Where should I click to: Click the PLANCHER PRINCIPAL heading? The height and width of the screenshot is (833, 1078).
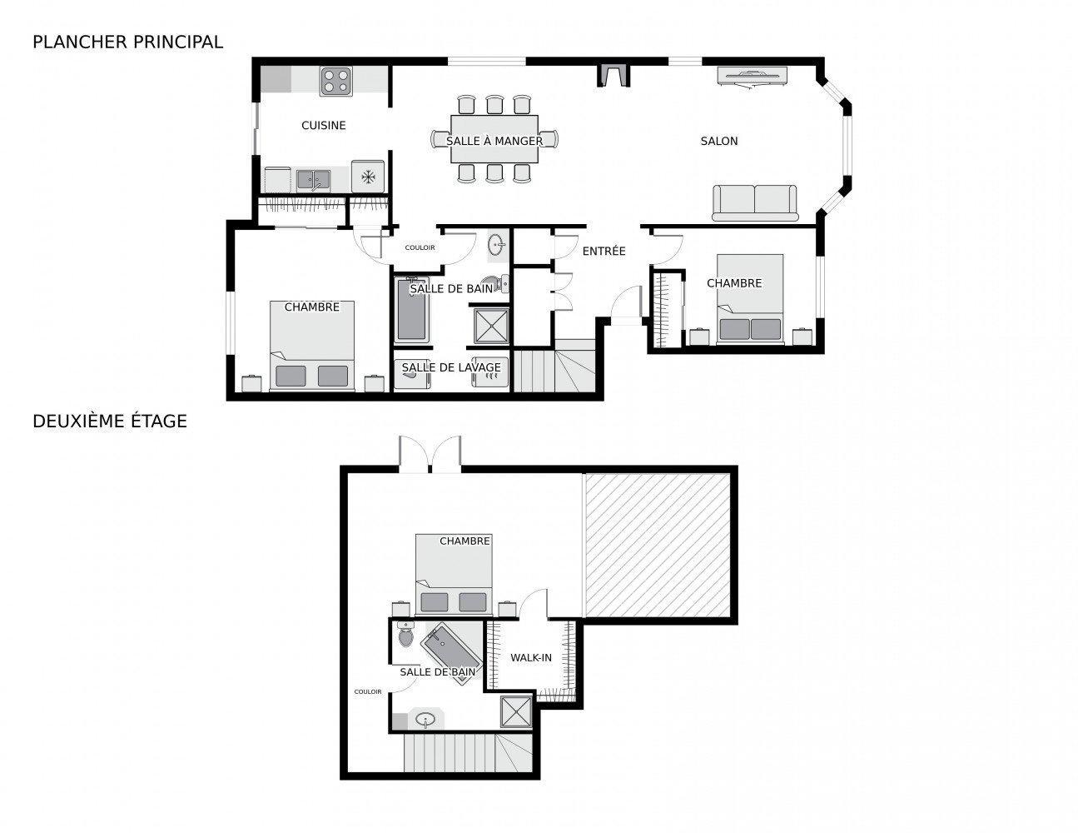(x=127, y=42)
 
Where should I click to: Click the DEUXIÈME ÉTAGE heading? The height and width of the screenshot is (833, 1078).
(x=110, y=421)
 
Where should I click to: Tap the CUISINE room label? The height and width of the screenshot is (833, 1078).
(x=323, y=126)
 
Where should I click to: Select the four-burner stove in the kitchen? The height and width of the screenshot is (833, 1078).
(x=336, y=81)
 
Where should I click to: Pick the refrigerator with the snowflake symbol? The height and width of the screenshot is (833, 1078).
(x=368, y=177)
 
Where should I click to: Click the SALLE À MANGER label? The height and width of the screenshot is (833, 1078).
(x=494, y=141)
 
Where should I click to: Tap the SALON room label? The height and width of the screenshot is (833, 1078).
(x=718, y=142)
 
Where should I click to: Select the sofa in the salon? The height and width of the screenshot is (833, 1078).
(x=755, y=202)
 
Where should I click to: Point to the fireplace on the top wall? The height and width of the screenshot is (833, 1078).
(x=614, y=74)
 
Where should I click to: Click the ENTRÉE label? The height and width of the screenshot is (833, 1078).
(x=604, y=252)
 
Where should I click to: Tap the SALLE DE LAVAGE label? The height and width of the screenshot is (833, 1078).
(x=451, y=367)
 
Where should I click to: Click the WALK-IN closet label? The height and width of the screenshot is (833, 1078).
(x=531, y=658)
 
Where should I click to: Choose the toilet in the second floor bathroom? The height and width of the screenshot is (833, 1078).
(x=405, y=636)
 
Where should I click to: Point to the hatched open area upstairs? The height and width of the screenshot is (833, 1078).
(x=658, y=546)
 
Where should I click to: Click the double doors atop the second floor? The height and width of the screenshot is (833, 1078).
(x=430, y=455)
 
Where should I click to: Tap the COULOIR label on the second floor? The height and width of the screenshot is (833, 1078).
(x=367, y=691)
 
